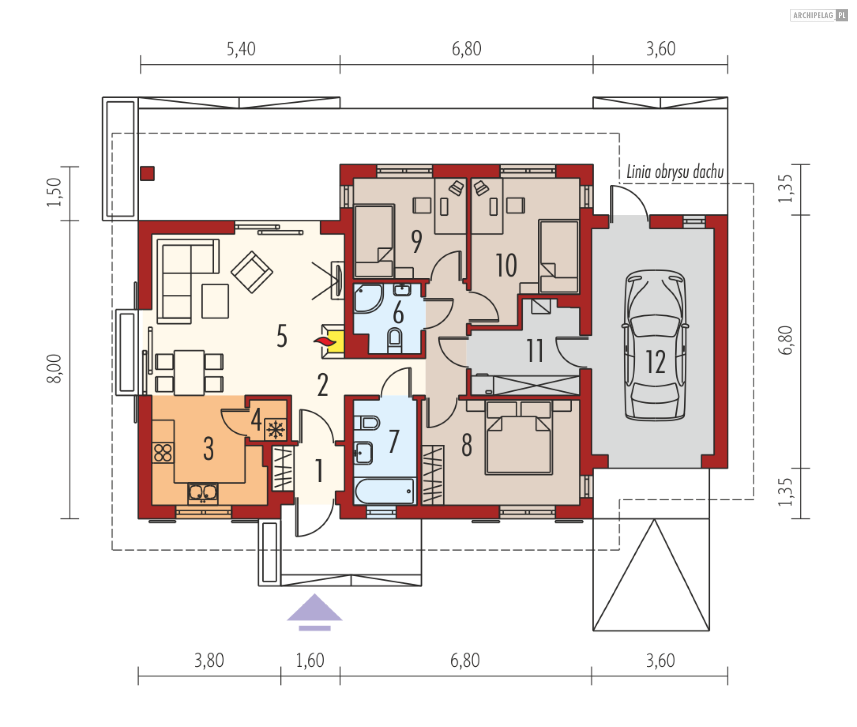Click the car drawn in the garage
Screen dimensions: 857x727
coord(655,345)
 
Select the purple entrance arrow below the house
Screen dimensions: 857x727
coord(315,612)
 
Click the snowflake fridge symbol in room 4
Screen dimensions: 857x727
coord(275,430)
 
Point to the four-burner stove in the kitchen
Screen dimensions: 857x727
coord(163,453)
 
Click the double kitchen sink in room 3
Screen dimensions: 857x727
coord(203,493)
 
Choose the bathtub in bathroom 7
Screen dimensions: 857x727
coord(384,491)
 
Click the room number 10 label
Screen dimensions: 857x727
coord(506,265)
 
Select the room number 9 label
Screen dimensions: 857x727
coord(416,242)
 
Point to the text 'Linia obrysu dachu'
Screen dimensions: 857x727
coord(675,172)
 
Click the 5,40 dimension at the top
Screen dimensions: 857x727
coord(241,49)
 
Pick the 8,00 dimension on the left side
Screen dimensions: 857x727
coord(54,368)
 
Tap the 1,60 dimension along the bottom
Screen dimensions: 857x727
coord(310,660)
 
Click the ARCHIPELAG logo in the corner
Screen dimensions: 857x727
coord(819,15)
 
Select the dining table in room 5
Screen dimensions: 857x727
coord(189,373)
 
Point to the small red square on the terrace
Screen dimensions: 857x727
coord(147,173)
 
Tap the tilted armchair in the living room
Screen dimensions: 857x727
coord(252,272)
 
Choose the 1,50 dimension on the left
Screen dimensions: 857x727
coord(54,192)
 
